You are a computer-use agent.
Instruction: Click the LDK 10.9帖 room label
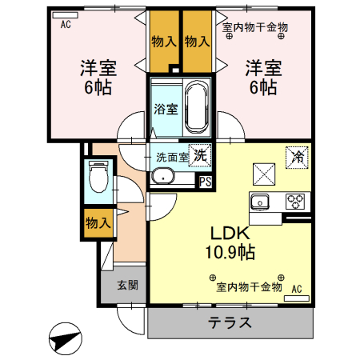[232, 242]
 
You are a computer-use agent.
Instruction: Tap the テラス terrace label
[230, 324]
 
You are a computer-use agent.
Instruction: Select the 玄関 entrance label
[127, 285]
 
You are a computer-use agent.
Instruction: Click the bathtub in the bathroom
[196, 108]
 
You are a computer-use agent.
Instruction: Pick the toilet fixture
[99, 177]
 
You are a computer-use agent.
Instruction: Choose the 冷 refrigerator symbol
[295, 157]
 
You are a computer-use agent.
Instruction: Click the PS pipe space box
[206, 181]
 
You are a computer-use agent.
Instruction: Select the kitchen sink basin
[262, 201]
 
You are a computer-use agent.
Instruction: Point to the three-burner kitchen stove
[295, 200]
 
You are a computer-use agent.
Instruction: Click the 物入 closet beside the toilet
[98, 223]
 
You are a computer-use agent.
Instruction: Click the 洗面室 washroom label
[172, 158]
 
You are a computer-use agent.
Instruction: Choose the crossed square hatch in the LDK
[265, 173]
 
